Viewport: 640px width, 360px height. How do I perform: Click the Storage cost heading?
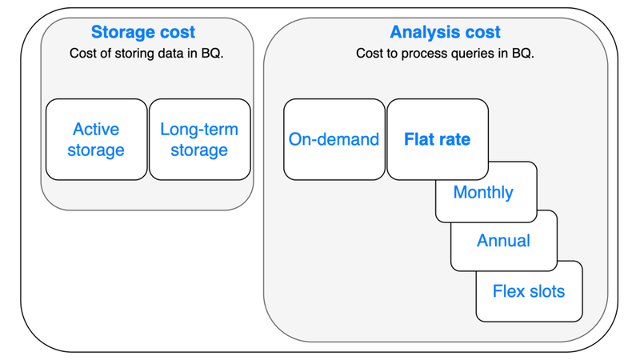click(x=142, y=33)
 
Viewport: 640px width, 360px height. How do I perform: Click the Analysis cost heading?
click(x=445, y=33)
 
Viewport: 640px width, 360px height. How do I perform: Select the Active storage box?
click(x=96, y=139)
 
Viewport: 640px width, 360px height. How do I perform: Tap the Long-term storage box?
click(x=199, y=139)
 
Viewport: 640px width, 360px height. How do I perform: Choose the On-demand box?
click(x=334, y=139)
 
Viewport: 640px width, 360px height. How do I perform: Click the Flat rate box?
click(x=437, y=139)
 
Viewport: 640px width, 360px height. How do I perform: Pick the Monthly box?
click(x=483, y=193)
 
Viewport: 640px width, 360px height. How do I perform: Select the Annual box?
click(x=503, y=241)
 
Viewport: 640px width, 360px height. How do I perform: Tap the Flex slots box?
click(x=529, y=291)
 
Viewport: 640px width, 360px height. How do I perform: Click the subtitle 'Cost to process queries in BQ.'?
click(x=445, y=54)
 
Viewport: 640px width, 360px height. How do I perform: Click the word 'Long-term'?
click(x=199, y=130)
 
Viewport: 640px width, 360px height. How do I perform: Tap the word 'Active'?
click(x=96, y=130)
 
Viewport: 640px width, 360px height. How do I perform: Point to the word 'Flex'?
click(x=508, y=291)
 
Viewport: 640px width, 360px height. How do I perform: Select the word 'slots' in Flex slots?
click(x=546, y=291)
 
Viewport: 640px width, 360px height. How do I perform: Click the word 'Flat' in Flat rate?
click(x=419, y=139)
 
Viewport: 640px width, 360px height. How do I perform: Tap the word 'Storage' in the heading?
click(x=122, y=33)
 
